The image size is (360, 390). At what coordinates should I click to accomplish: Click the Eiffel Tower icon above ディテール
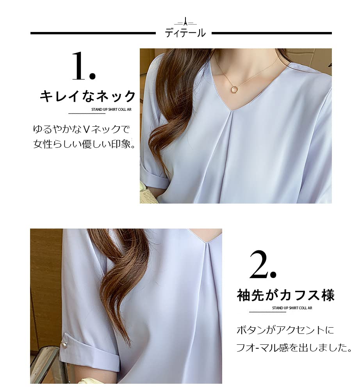click(x=185, y=22)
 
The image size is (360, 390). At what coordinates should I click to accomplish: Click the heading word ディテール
click(x=185, y=33)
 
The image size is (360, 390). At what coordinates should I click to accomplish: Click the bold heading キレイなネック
click(x=88, y=96)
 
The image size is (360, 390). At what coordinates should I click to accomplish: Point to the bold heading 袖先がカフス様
click(x=286, y=295)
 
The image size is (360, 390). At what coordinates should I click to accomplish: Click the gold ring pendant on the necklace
click(x=235, y=90)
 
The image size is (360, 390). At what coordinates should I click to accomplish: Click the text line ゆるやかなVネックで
click(x=81, y=129)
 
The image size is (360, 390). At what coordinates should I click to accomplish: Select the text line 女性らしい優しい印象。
click(x=84, y=144)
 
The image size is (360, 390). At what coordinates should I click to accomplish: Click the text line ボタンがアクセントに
click(x=285, y=330)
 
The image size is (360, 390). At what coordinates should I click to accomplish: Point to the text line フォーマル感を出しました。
click(x=294, y=347)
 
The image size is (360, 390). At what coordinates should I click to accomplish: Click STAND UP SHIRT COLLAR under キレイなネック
click(x=111, y=110)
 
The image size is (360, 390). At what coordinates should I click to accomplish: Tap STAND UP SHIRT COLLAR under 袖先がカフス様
click(x=292, y=308)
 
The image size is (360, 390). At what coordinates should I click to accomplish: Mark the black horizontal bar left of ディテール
click(x=93, y=34)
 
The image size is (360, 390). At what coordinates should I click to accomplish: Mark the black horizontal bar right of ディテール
click(x=271, y=34)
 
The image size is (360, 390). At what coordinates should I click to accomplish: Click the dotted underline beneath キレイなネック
click(x=87, y=113)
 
